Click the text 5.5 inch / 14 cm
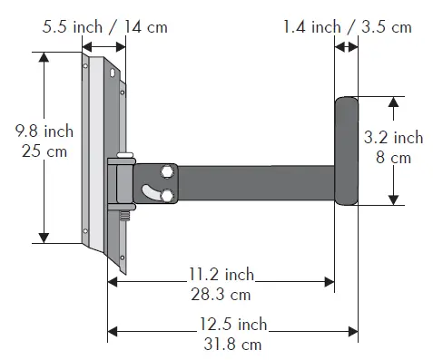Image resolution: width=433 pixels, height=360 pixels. click(104, 27)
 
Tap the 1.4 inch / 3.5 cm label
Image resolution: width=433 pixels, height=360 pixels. click(347, 27)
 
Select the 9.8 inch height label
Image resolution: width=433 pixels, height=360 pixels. click(44, 131)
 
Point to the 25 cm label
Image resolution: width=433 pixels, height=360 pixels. click(44, 151)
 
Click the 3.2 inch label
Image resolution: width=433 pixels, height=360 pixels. click(393, 137)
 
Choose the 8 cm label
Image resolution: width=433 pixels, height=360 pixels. click(393, 158)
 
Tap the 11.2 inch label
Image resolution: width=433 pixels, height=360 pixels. click(221, 274)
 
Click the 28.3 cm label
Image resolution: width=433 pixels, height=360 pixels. click(221, 295)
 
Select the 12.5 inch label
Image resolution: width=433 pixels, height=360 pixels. click(233, 324)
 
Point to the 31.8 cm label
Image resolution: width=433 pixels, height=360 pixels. click(232, 345)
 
